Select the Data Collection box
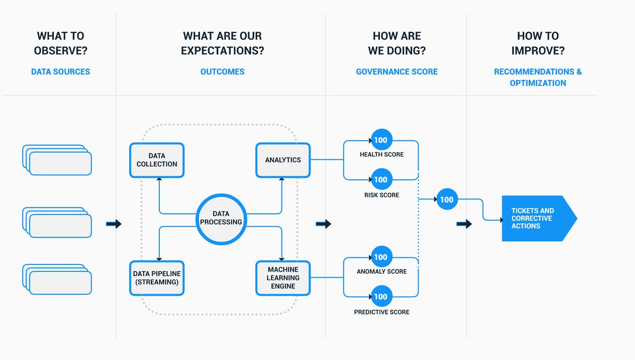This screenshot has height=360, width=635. click(x=157, y=160)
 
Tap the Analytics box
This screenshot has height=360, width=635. click(x=283, y=160)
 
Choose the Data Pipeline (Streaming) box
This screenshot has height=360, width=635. click(x=157, y=278)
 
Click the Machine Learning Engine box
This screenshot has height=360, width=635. click(x=283, y=278)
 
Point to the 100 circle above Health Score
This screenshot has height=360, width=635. click(x=380, y=140)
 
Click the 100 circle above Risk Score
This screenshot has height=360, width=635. click(x=380, y=179)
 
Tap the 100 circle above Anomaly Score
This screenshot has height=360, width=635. click(x=380, y=257)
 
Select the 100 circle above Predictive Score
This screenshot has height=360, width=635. click(x=380, y=296)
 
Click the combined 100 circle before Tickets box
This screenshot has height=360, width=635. click(x=447, y=200)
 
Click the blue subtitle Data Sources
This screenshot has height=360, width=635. click(x=60, y=71)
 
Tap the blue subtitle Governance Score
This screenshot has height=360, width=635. click(x=396, y=71)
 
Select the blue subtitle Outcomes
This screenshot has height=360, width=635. click(x=222, y=71)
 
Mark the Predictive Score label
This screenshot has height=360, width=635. click(x=382, y=312)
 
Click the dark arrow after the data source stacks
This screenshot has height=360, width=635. click(x=114, y=224)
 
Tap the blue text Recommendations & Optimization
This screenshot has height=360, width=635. click(x=538, y=77)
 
